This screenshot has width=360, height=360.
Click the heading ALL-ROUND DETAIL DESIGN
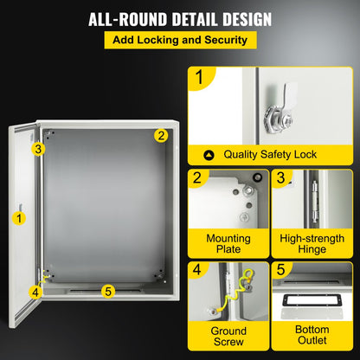[179, 19]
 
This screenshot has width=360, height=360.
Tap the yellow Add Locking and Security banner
[180, 40]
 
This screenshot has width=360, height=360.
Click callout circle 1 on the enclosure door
[19, 218]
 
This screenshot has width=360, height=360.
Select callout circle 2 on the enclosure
[160, 136]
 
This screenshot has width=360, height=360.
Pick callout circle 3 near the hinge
[38, 149]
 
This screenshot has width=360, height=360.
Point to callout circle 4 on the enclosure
[35, 292]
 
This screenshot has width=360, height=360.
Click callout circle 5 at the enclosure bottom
[107, 291]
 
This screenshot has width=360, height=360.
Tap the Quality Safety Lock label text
[270, 155]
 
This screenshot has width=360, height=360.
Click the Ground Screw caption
[228, 337]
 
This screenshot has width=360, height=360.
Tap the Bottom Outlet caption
[312, 337]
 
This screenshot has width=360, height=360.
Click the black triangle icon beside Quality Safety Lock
[208, 155]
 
